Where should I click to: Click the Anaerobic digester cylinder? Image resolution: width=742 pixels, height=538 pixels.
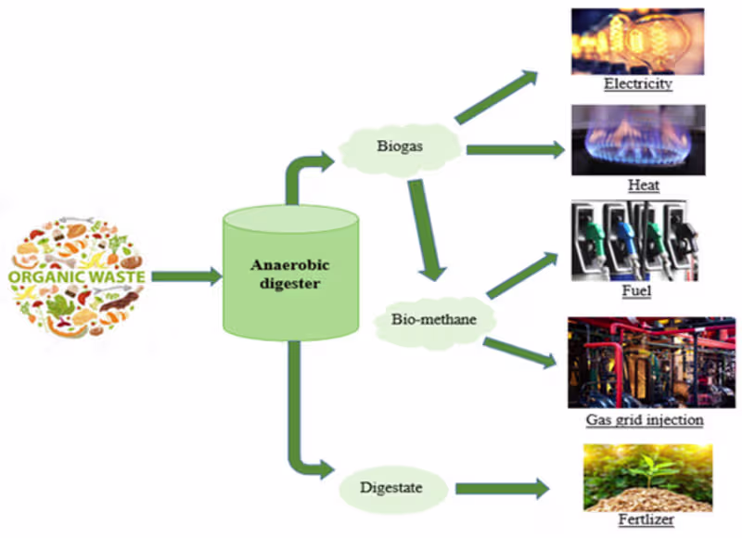point(290,274)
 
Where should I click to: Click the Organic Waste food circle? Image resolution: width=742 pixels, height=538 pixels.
point(80,276)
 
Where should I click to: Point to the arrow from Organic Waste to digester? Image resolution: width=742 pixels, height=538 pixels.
point(185,276)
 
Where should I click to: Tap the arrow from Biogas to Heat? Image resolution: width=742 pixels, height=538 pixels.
point(515,148)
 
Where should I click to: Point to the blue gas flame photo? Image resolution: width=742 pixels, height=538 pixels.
point(637,139)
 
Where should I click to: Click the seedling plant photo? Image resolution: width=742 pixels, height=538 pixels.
point(647,477)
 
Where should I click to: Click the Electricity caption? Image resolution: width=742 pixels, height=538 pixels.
point(637,84)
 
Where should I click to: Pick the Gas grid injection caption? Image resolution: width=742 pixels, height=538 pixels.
point(645,420)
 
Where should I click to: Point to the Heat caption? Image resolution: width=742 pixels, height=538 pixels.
point(643,186)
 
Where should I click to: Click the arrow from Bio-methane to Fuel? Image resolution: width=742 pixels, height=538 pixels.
point(523,275)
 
